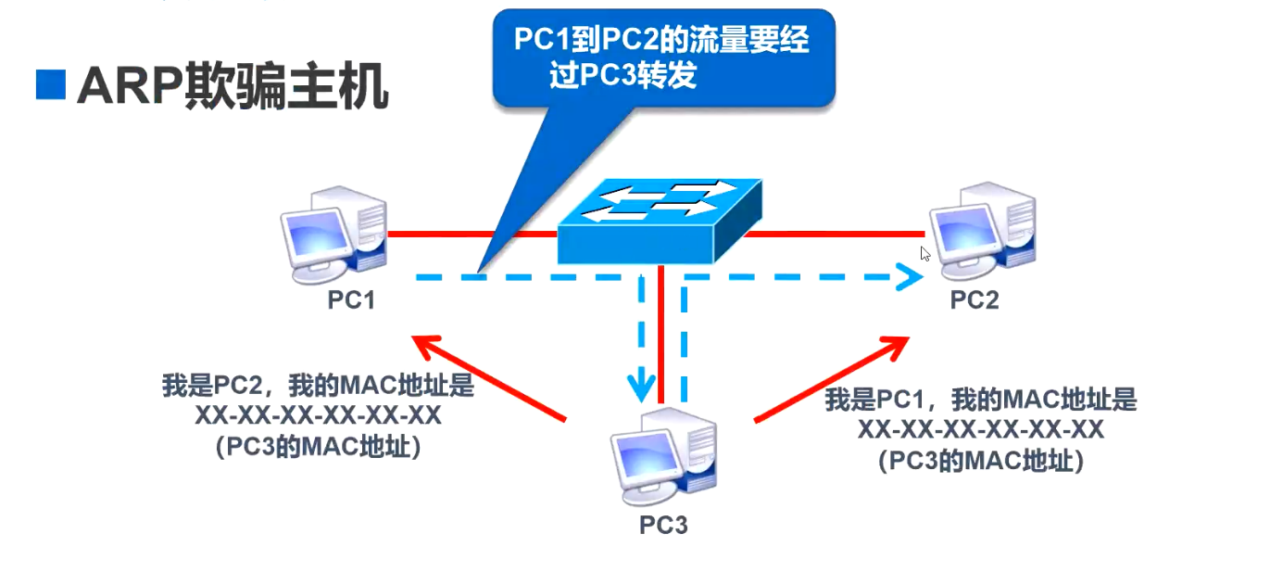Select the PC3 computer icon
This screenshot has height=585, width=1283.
pyautogui.click(x=663, y=454)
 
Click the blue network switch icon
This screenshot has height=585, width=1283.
pyautogui.click(x=660, y=221)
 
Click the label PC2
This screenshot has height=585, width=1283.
pyautogui.click(x=975, y=299)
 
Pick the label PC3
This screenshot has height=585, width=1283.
pyautogui.click(x=663, y=525)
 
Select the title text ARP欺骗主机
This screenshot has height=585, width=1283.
pyautogui.click(x=233, y=88)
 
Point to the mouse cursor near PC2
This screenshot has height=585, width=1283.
pyautogui.click(x=925, y=253)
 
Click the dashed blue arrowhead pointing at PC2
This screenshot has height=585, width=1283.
pyautogui.click(x=912, y=275)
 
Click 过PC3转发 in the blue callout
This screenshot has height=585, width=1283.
pyautogui.click(x=623, y=76)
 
